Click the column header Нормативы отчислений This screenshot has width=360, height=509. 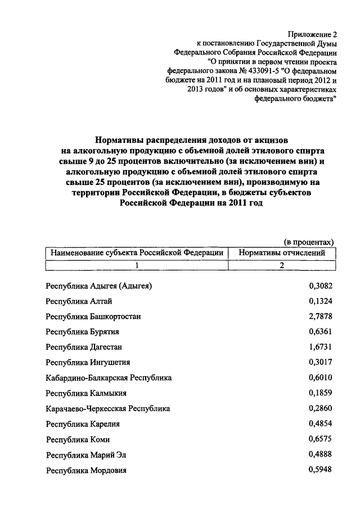click(282, 253)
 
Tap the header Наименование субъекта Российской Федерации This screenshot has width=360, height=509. click(138, 253)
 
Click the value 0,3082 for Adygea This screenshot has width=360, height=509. click(321, 286)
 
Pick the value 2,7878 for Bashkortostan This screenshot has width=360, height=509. click(321, 316)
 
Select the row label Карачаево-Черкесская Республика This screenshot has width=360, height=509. click(108, 408)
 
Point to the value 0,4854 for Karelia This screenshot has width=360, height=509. click(321, 424)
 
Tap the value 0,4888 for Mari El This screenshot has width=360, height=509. click(321, 454)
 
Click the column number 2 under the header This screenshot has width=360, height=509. click(282, 265)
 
